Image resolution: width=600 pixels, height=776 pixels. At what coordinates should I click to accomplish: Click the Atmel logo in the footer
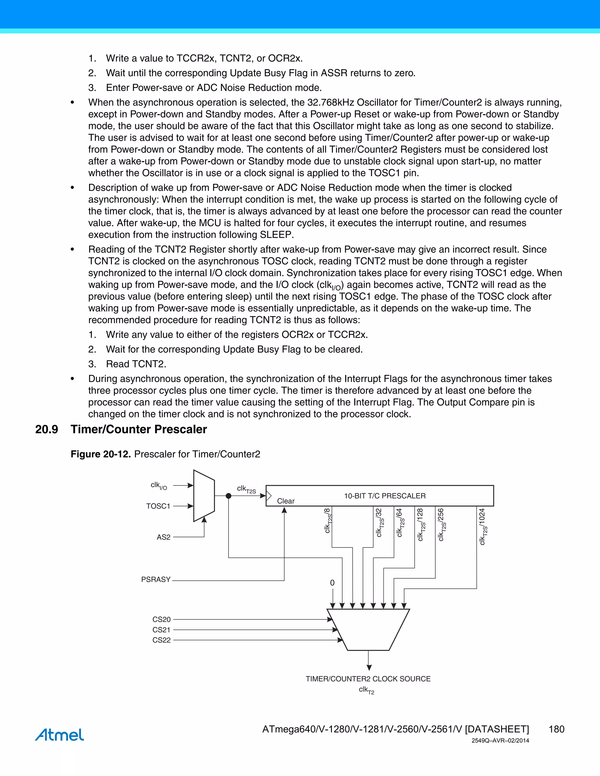(59, 734)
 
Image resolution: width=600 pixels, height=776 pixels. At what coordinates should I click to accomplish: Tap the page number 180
(556, 729)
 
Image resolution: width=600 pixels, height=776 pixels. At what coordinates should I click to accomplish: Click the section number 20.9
(47, 429)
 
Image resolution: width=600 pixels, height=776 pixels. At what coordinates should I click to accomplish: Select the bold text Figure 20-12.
(100, 454)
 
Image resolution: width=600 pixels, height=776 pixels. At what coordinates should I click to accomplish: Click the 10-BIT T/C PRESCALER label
(385, 496)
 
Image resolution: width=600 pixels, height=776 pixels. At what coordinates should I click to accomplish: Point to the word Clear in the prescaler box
(286, 501)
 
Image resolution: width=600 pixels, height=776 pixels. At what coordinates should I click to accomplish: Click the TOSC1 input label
(158, 506)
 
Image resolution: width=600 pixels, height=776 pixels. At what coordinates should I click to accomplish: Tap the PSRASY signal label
(156, 580)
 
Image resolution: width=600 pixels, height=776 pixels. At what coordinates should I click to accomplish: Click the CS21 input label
(161, 630)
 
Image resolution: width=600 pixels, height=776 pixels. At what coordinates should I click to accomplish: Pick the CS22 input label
(161, 640)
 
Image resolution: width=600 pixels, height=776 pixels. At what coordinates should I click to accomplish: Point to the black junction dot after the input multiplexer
(229, 496)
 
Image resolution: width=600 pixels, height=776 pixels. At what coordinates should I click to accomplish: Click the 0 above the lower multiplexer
(332, 583)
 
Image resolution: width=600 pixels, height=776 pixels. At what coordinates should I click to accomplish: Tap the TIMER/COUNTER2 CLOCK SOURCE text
(368, 679)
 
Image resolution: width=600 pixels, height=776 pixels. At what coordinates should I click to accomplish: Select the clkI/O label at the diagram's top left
(158, 485)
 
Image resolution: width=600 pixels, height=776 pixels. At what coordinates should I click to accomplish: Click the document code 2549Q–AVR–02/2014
(500, 741)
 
